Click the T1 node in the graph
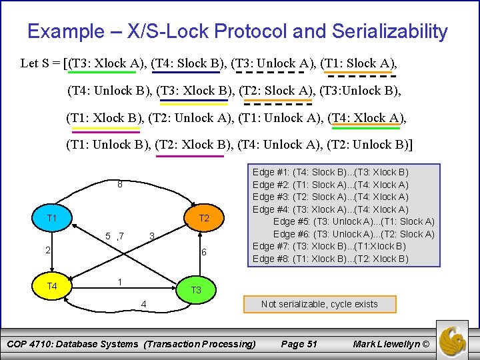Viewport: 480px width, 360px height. pyautogui.click(x=51, y=219)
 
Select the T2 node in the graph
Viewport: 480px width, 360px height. pyautogui.click(x=204, y=219)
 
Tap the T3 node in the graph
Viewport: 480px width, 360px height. pyautogui.click(x=196, y=290)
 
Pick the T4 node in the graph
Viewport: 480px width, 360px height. pyautogui.click(x=51, y=287)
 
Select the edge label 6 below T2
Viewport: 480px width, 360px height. pyautogui.click(x=204, y=252)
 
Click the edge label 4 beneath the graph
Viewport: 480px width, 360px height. pyautogui.click(x=143, y=305)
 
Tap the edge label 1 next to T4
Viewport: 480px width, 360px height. pyautogui.click(x=119, y=281)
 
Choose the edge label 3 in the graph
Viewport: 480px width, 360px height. pyautogui.click(x=152, y=235)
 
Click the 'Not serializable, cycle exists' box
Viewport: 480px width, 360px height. pyautogui.click(x=319, y=304)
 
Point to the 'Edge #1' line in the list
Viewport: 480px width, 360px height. pyautogui.click(x=331, y=172)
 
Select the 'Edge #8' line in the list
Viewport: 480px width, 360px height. pyautogui.click(x=331, y=259)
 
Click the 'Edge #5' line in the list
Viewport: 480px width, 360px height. pyautogui.click(x=353, y=221)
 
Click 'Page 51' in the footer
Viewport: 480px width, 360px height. pyautogui.click(x=299, y=344)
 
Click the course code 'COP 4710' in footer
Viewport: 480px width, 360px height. pyautogui.click(x=38, y=344)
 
